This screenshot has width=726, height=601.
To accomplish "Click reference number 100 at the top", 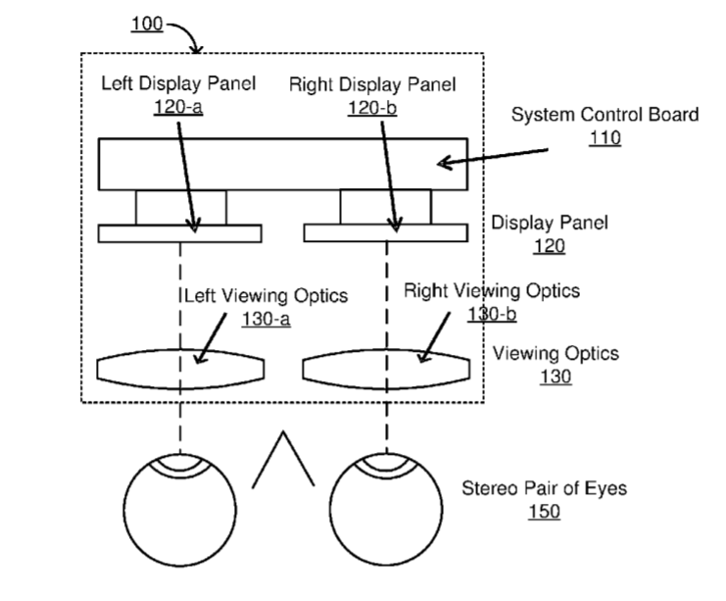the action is [147, 24].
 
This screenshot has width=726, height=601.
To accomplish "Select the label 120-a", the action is [178, 107].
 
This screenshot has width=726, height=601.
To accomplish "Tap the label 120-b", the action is [372, 108].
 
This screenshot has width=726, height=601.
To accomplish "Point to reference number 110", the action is [605, 137].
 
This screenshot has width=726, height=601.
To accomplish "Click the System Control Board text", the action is [605, 115].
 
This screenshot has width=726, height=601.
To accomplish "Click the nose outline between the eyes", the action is [283, 432].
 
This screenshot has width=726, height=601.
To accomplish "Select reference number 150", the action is [544, 512].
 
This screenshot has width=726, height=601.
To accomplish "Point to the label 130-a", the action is [266, 319].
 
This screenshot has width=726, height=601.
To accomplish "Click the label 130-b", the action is [492, 314].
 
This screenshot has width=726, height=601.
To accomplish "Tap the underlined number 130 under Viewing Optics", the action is [556, 376].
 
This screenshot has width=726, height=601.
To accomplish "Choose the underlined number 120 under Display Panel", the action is [549, 245].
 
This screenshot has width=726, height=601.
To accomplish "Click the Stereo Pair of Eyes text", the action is [544, 488].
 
